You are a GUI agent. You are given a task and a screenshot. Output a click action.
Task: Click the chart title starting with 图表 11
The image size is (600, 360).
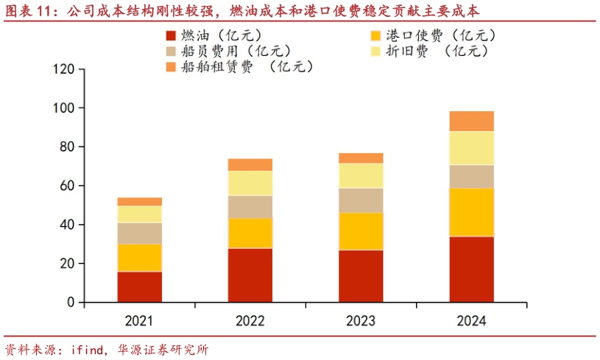pyautogui.click(x=242, y=11)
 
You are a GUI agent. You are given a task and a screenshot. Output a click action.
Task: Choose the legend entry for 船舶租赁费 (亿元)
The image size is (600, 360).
pyautogui.click(x=240, y=67)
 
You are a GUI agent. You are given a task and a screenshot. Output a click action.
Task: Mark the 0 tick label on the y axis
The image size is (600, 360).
pyautogui.click(x=71, y=303)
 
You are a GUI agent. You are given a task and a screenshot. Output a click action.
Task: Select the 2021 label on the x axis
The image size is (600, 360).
pyautogui.click(x=139, y=321)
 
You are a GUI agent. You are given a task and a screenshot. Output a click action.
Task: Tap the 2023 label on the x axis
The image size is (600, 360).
pyautogui.click(x=360, y=321)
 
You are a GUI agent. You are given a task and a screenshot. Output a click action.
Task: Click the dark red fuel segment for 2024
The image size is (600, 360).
pyautogui.click(x=471, y=269)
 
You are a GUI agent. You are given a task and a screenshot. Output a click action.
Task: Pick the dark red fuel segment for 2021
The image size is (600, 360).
pyautogui.click(x=139, y=286)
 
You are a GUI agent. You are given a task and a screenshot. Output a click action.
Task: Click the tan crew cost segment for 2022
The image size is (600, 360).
pyautogui.click(x=250, y=207)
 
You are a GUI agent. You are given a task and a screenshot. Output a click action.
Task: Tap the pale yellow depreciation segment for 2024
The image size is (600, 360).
pyautogui.click(x=471, y=147)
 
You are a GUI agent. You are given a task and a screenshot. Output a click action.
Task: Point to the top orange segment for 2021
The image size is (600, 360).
pyautogui.click(x=139, y=202)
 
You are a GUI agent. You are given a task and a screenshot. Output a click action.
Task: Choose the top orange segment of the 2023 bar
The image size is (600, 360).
pyautogui.click(x=360, y=158)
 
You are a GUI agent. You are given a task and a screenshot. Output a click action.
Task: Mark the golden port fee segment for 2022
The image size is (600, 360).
pyautogui.click(x=250, y=233)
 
